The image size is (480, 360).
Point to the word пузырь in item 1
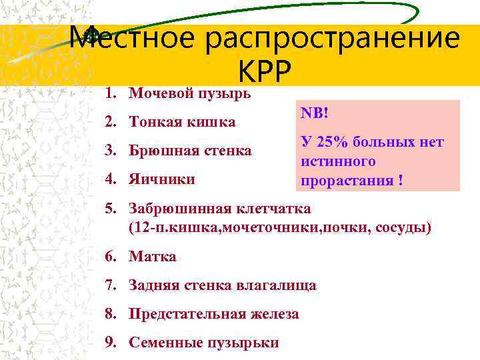click(221, 93)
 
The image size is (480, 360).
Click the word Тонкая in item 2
click(154, 122)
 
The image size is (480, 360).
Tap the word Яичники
click(162, 179)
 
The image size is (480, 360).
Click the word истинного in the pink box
click(338, 161)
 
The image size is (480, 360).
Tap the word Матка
click(153, 257)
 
